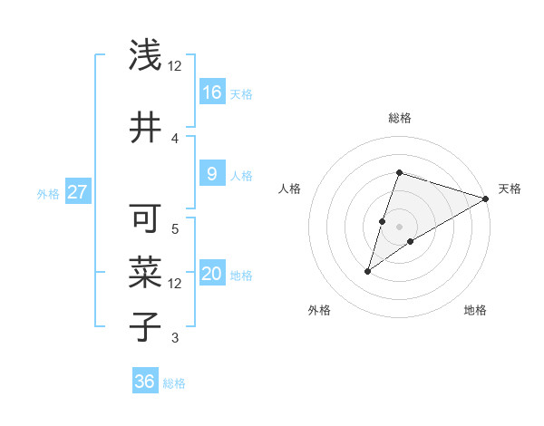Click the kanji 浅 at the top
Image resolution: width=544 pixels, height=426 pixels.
pyautogui.click(x=146, y=55)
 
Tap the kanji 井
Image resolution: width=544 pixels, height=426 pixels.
pyautogui.click(x=146, y=128)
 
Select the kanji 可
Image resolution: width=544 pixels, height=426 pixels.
pyautogui.click(x=146, y=219)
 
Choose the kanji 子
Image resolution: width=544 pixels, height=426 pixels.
pyautogui.click(x=146, y=326)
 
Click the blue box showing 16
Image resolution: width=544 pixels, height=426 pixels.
pyautogui.click(x=212, y=92)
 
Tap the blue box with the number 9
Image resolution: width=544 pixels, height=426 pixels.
pyautogui.click(x=212, y=174)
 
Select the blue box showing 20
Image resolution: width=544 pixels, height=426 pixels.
pyautogui.click(x=212, y=275)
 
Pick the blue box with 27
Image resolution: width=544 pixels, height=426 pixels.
pyautogui.click(x=78, y=192)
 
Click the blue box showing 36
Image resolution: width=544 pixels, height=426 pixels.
pyautogui.click(x=145, y=382)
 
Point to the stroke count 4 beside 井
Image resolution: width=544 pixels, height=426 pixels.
pyautogui.click(x=175, y=138)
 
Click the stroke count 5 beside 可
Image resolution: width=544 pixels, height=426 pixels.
pyautogui.click(x=175, y=228)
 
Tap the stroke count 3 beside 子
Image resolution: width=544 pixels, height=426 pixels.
pyautogui.click(x=175, y=338)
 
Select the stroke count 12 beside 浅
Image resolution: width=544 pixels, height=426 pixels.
pyautogui.click(x=175, y=66)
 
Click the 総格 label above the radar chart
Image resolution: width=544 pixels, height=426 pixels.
pyautogui.click(x=399, y=118)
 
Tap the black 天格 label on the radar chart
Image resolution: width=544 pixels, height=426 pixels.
pyautogui.click(x=510, y=189)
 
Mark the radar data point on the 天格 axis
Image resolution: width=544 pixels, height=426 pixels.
pyautogui.click(x=486, y=198)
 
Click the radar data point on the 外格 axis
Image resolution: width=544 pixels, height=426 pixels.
pyautogui.click(x=367, y=271)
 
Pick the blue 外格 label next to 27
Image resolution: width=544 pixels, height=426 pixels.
pyautogui.click(x=48, y=193)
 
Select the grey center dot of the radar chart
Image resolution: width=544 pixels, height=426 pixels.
pyautogui.click(x=399, y=227)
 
